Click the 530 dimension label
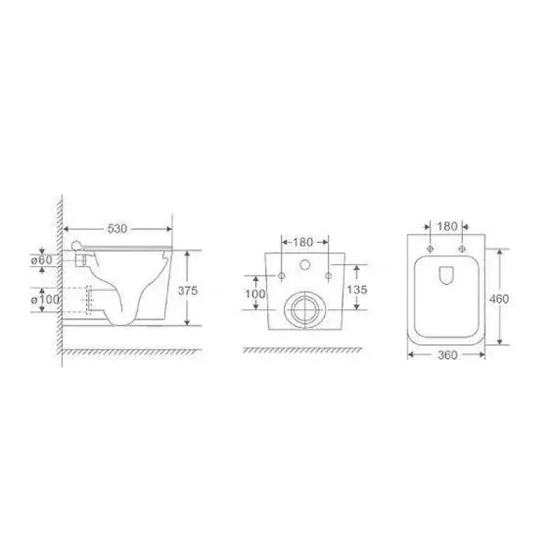(117, 229)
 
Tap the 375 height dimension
(187, 291)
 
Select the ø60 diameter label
(41, 260)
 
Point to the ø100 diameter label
(45, 300)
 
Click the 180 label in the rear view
(302, 242)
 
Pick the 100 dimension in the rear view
(255, 293)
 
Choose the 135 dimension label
(357, 289)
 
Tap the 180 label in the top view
(447, 227)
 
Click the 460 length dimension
(499, 299)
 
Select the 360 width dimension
(447, 355)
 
